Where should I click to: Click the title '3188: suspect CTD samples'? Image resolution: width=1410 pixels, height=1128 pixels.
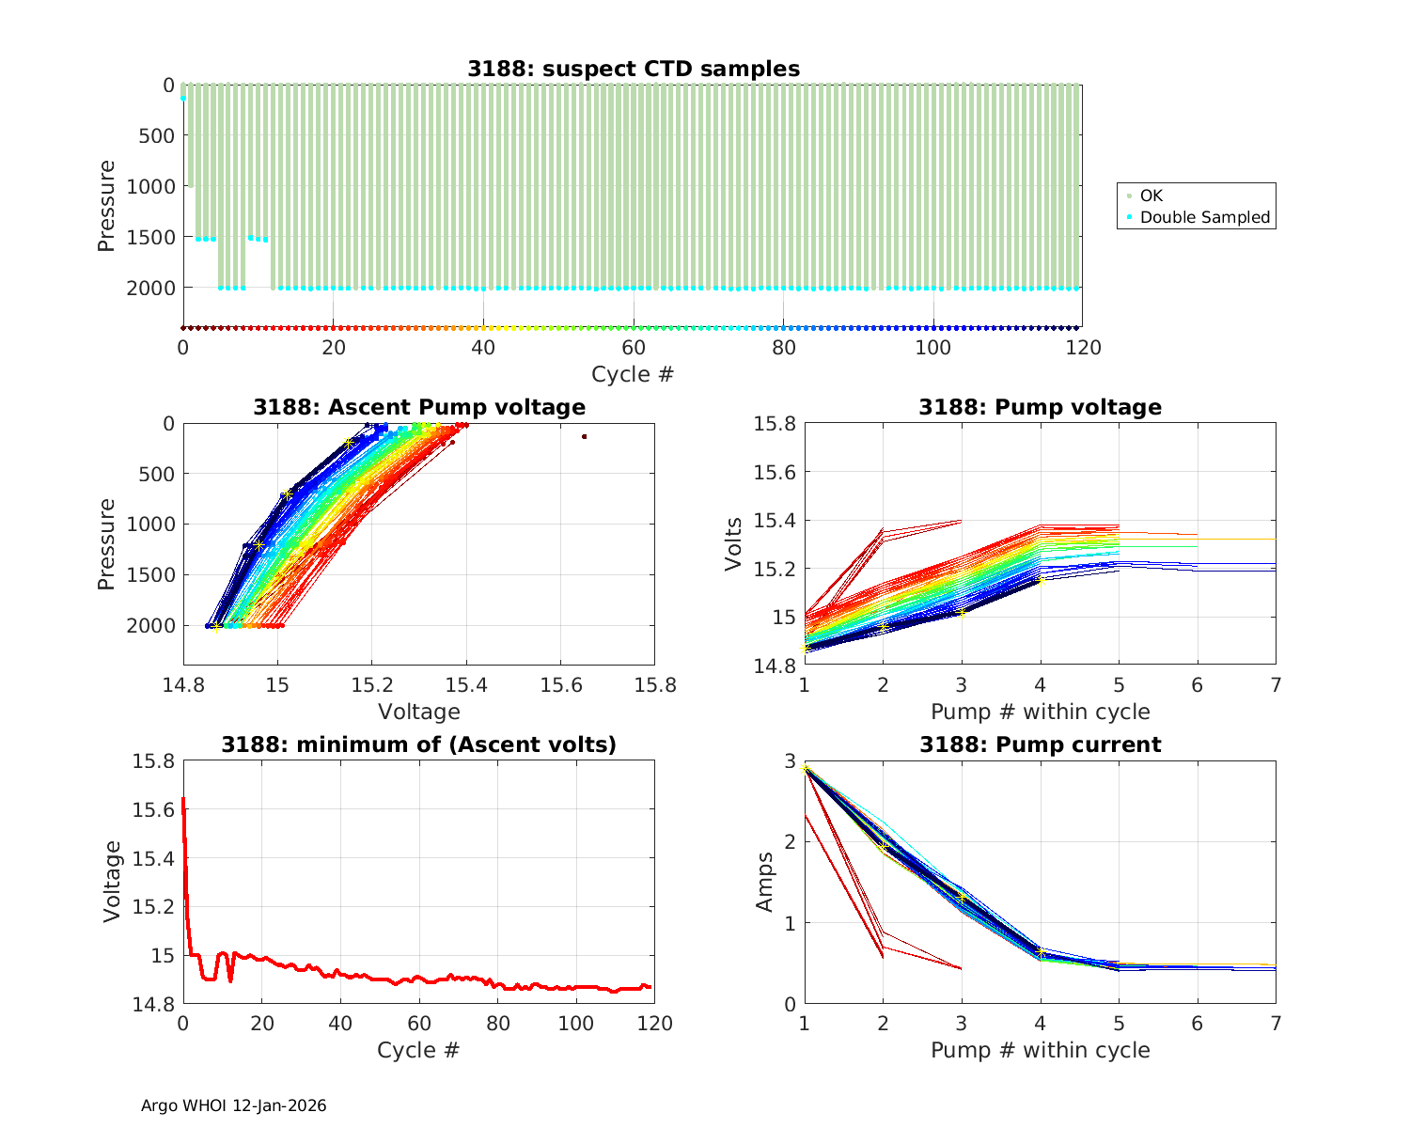coord(634,69)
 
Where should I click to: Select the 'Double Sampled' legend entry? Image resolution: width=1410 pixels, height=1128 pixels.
coord(1205,217)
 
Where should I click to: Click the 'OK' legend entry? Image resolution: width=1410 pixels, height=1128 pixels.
coord(1151,196)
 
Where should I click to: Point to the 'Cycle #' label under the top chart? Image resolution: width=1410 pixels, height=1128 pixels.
coord(633,374)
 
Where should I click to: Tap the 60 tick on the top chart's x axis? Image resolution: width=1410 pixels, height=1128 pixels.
coord(634,347)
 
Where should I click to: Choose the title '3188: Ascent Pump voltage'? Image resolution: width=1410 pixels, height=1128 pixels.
coord(419,407)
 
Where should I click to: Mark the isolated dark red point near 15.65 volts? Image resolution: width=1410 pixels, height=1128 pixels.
coord(584,436)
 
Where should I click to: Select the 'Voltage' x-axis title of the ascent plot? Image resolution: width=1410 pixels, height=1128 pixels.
coord(419,712)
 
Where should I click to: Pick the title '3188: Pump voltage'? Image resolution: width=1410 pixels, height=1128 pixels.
coord(1040,407)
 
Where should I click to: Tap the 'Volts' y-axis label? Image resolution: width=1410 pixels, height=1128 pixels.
coord(735,544)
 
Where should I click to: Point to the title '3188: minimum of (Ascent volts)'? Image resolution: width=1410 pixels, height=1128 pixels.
coord(419,744)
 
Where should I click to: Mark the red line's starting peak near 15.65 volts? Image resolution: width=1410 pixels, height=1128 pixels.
coord(183,799)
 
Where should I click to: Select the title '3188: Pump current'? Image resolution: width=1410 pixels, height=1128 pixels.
coord(1040,744)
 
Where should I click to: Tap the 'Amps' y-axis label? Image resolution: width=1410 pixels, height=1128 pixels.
coord(765,882)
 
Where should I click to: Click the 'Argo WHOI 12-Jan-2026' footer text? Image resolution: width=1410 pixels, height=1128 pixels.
coord(234,1105)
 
